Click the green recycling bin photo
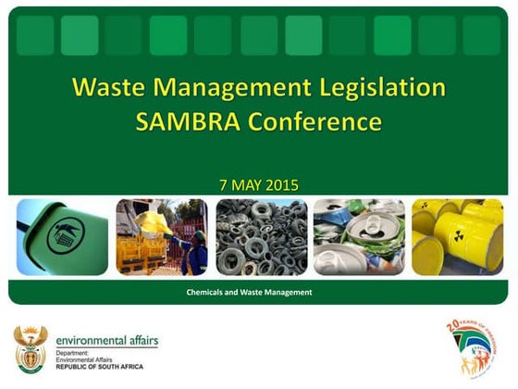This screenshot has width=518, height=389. [x=62, y=237]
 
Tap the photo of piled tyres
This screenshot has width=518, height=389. [x=261, y=237]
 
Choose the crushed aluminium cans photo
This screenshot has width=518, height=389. [x=359, y=237]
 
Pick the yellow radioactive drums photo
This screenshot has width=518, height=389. [x=457, y=237]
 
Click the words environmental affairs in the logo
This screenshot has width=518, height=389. [x=106, y=340]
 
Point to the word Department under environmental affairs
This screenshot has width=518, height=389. [x=75, y=353]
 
